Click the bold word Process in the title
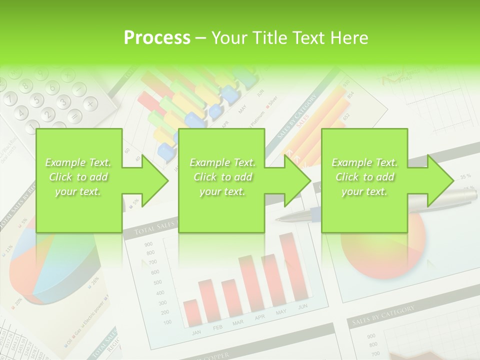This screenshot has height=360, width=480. [157, 38]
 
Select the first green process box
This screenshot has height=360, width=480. [78, 180]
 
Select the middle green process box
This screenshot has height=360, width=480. [221, 180]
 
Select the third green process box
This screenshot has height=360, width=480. [364, 180]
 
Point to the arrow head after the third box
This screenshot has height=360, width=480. [439, 180]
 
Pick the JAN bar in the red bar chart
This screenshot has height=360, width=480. [191, 312]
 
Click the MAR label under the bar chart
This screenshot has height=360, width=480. [238, 323]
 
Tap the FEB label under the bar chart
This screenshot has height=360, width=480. [217, 327]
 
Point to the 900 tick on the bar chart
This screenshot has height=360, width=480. [148, 244]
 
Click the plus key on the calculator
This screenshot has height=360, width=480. [89, 103]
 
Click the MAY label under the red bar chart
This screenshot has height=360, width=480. [281, 312]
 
